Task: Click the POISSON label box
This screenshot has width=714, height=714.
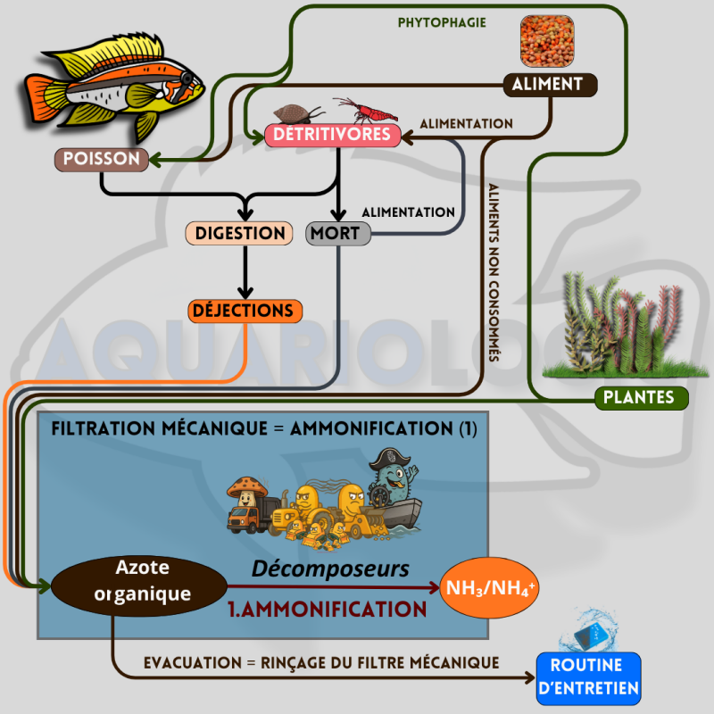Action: (101, 160)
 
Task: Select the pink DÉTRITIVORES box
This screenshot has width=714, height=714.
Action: (331, 135)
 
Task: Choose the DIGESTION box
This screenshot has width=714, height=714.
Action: (239, 234)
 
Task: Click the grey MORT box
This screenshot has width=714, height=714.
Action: (335, 234)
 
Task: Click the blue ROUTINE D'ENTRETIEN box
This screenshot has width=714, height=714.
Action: (589, 678)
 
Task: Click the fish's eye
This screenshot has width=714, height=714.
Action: (186, 79)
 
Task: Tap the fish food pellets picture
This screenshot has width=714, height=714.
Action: (549, 41)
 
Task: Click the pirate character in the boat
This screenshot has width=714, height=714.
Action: (393, 482)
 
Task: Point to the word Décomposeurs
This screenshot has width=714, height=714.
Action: (330, 569)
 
